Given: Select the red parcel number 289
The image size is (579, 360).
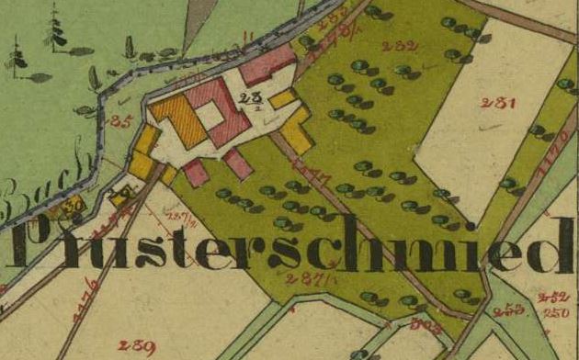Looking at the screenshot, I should pos(135,345).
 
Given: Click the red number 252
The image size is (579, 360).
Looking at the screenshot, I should pos(553,296).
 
